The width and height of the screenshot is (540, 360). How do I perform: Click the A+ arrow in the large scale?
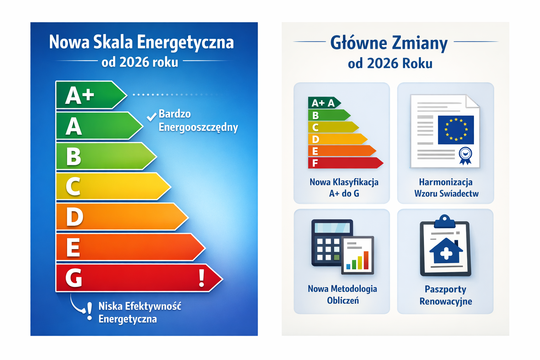click(x=91, y=95)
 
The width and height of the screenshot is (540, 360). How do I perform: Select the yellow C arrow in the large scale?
click(x=113, y=186)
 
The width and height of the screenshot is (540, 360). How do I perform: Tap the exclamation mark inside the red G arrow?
click(x=201, y=278)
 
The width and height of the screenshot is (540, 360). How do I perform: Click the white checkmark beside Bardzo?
click(x=152, y=117)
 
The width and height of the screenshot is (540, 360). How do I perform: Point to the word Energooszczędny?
click(x=198, y=127)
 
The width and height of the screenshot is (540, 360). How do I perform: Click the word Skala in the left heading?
click(x=113, y=42)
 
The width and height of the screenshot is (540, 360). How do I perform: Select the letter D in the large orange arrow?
click(x=75, y=217)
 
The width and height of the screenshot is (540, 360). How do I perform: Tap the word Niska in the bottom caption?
click(x=110, y=306)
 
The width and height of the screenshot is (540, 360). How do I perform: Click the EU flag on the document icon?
click(x=456, y=130)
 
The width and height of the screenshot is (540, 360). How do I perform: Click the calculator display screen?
click(x=332, y=228)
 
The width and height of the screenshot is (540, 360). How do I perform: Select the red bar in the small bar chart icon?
click(x=366, y=260)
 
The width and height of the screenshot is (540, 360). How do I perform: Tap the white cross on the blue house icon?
click(x=446, y=253)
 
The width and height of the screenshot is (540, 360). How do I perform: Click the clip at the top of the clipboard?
click(x=444, y=221)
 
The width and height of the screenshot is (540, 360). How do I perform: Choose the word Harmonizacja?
click(x=445, y=182)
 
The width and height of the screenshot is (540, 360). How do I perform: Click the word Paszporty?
click(x=445, y=289)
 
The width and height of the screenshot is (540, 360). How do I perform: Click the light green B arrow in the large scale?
click(x=106, y=156)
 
